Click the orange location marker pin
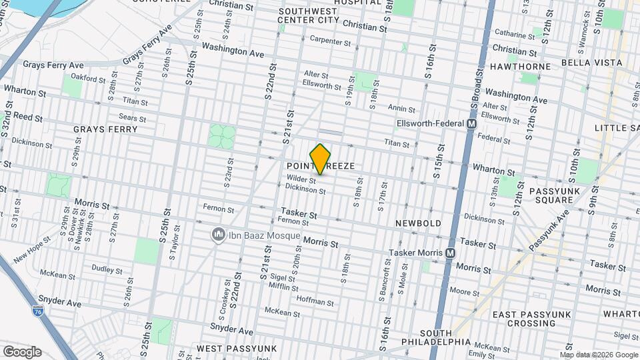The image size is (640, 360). (x=321, y=159)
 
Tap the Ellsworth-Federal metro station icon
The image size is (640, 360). (x=472, y=124)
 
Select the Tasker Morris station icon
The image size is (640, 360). (x=451, y=253)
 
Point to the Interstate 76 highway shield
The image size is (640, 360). (x=39, y=311)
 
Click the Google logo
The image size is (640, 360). (x=21, y=352)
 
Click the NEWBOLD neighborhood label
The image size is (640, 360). (x=418, y=223)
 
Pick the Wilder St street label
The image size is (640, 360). (x=301, y=179)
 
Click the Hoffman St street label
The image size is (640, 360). (x=316, y=302)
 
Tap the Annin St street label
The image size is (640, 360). (x=401, y=109)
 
